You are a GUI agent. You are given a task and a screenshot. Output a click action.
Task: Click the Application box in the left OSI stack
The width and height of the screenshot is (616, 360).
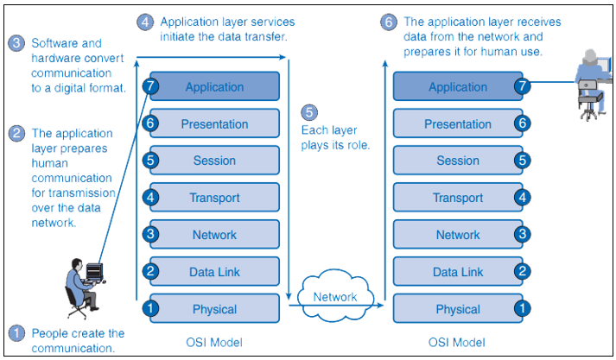click(214, 86)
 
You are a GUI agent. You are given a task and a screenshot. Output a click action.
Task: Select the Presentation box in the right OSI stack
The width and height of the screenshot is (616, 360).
click(458, 123)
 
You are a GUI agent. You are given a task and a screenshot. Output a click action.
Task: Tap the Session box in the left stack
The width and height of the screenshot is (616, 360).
click(214, 161)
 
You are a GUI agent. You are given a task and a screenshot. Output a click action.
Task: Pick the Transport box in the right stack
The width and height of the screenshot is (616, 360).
click(458, 198)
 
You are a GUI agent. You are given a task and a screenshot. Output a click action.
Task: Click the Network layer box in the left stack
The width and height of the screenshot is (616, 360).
click(214, 235)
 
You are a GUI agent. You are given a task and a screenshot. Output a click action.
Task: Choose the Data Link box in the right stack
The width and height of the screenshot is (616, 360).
click(458, 272)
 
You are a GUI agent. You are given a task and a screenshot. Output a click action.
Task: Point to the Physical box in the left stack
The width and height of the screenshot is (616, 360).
click(214, 309)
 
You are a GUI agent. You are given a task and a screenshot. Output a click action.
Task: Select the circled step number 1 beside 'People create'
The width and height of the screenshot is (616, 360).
click(16, 333)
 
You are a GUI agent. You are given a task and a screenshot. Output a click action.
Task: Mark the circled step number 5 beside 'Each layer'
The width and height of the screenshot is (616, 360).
click(309, 112)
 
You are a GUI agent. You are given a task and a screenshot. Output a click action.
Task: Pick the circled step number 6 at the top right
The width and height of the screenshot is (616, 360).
click(390, 22)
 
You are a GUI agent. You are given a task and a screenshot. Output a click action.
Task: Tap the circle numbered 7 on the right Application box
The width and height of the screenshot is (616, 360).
click(523, 86)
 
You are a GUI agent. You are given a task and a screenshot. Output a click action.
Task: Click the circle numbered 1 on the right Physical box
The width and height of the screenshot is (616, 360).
click(523, 309)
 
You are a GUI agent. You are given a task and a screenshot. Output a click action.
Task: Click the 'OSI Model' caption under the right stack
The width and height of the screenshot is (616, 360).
click(458, 342)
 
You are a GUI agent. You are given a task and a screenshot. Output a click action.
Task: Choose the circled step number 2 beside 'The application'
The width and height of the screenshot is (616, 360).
click(16, 134)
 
